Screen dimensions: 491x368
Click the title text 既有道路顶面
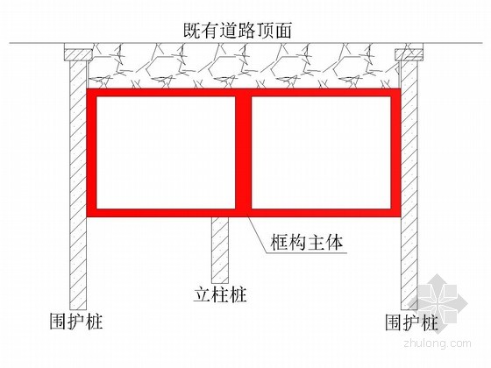238,31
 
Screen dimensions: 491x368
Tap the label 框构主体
307,242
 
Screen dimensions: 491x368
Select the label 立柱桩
220,294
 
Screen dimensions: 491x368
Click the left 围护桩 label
76,321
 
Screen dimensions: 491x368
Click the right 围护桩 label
411,322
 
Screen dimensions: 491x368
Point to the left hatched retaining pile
78,185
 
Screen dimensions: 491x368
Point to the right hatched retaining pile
409,185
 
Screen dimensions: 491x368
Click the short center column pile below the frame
220,250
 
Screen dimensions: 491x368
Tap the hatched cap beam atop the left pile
78,54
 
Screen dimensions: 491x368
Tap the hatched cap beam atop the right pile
409,54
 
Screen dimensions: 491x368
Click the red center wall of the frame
244,152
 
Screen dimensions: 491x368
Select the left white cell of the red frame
166,152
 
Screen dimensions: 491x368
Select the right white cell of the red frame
321,152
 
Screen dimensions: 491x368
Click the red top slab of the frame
244,93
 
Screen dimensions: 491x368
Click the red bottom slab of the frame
244,213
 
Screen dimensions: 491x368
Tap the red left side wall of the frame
91,152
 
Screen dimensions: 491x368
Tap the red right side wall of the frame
395,152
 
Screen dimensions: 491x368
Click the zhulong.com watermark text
438,343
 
